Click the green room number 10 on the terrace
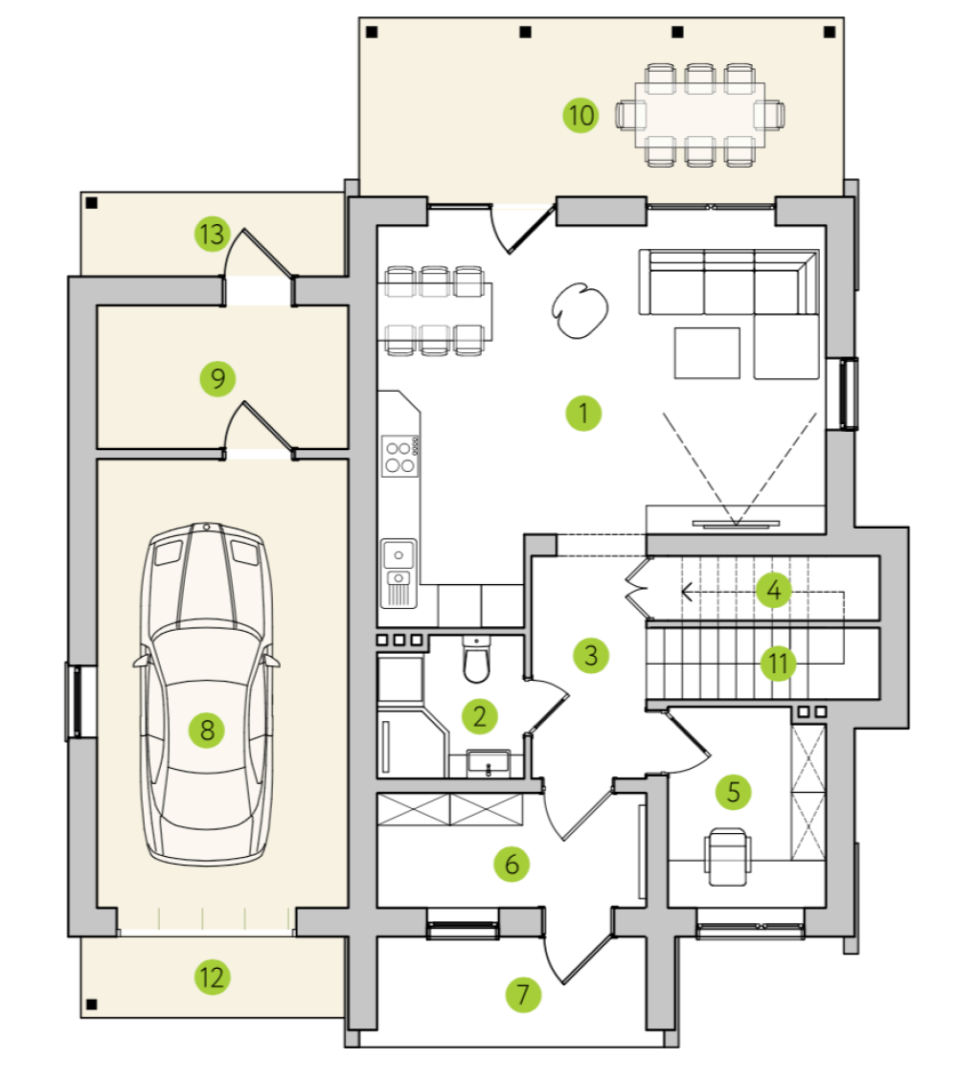pyautogui.click(x=581, y=115)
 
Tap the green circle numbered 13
pyautogui.click(x=212, y=234)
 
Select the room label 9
pyautogui.click(x=217, y=378)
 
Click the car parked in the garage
pyautogui.click(x=206, y=693)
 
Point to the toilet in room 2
pyautogui.click(x=476, y=660)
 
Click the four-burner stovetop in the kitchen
pyautogui.click(x=400, y=457)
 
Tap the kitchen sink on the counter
pyautogui.click(x=399, y=573)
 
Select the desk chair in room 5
pyautogui.click(x=726, y=857)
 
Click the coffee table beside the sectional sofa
pyautogui.click(x=707, y=353)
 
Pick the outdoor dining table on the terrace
pyautogui.click(x=699, y=115)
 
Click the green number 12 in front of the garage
pyautogui.click(x=212, y=977)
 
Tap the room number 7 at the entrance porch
pyautogui.click(x=522, y=994)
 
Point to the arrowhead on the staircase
pyautogui.click(x=687, y=592)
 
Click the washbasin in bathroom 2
pyautogui.click(x=489, y=763)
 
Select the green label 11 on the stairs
pyautogui.click(x=778, y=664)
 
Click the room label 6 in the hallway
pyautogui.click(x=512, y=864)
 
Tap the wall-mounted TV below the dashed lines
pyautogui.click(x=737, y=524)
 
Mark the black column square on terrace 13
pyautogui.click(x=91, y=203)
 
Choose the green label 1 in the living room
pyautogui.click(x=583, y=413)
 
